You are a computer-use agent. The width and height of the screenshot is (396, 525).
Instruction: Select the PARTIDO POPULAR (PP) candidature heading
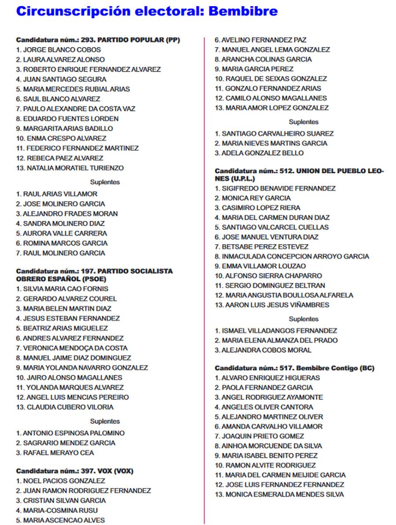(x=98, y=40)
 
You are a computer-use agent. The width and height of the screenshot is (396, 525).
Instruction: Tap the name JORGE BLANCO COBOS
(x=59, y=50)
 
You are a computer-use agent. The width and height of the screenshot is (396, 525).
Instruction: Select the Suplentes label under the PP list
(x=105, y=182)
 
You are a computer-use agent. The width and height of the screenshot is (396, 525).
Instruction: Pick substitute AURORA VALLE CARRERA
(x=62, y=233)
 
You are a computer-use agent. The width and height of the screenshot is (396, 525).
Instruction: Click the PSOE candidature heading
(x=94, y=275)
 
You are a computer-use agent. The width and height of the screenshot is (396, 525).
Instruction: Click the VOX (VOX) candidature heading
(x=75, y=471)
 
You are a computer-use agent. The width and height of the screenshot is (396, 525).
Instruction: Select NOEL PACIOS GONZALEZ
(x=61, y=481)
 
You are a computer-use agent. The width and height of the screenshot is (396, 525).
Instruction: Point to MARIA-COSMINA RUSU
(x=57, y=511)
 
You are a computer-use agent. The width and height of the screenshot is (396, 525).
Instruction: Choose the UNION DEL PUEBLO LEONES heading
(x=299, y=175)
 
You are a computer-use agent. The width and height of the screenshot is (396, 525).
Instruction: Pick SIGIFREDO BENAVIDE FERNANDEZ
(x=279, y=188)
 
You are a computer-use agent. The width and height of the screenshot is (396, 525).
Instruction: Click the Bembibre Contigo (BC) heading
(x=294, y=368)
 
